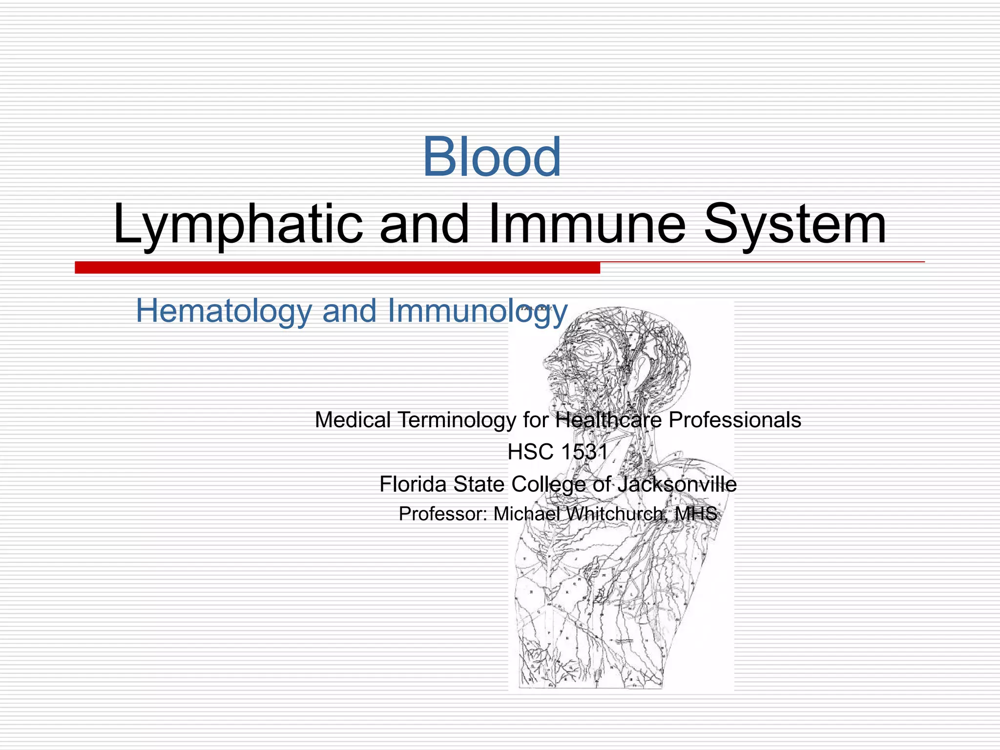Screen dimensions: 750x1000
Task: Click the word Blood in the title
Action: click(x=492, y=157)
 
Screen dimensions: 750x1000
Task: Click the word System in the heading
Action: click(x=794, y=225)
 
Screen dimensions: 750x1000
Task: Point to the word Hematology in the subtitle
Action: click(x=223, y=311)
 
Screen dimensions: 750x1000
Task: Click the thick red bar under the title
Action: click(x=337, y=267)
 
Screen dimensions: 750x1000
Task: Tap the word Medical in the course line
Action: click(x=353, y=419)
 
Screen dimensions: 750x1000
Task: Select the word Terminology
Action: click(x=457, y=420)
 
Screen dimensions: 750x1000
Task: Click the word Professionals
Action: click(x=734, y=419)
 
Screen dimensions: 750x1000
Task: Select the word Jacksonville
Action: click(x=677, y=484)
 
